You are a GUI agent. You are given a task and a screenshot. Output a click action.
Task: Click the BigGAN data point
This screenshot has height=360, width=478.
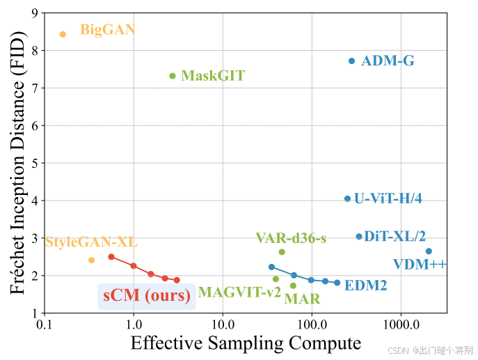[63, 34]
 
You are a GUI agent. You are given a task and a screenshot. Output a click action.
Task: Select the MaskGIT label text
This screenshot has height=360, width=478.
[212, 75]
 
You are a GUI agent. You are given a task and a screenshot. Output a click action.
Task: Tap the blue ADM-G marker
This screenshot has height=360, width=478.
[352, 61]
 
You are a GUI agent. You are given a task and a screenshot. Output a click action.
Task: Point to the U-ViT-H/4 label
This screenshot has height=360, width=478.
[388, 198]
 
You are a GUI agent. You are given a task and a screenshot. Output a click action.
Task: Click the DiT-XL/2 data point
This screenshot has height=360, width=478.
[359, 237]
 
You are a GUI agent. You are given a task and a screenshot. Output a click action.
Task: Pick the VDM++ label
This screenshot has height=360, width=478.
[420, 264]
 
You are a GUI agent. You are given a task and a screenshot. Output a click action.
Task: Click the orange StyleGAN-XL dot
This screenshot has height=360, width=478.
[91, 260]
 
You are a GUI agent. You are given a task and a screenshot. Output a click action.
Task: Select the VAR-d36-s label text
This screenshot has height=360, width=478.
[291, 239]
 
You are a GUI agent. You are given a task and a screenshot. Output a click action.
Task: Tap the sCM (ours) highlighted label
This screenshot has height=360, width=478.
[147, 295]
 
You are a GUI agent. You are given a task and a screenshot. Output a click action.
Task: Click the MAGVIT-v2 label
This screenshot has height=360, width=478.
[239, 292]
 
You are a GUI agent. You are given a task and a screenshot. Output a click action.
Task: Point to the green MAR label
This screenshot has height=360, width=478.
[302, 299]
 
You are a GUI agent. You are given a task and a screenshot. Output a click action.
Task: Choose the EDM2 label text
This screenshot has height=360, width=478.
[365, 285]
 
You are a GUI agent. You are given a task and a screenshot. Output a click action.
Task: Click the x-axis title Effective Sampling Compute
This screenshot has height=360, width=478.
[246, 343]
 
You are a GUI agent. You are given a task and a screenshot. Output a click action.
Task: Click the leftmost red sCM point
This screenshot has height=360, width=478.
[111, 257]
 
